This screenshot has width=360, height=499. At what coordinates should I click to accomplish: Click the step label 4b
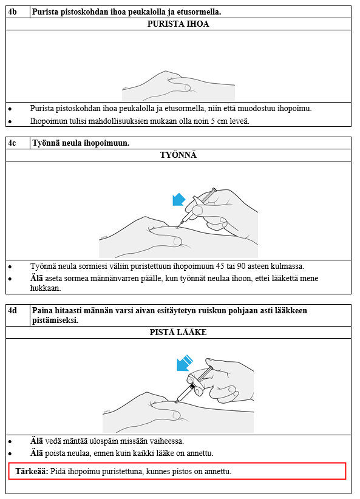(12, 12)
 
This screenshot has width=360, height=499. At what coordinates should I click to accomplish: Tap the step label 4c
(12, 143)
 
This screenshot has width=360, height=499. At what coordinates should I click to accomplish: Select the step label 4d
(12, 310)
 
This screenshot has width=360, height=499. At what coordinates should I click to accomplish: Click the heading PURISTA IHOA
(178, 24)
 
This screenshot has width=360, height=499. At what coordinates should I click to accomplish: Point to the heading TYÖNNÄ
(178, 155)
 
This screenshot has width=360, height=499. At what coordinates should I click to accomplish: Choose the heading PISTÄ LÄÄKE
(178, 332)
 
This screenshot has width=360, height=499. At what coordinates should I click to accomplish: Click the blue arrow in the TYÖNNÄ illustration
(178, 200)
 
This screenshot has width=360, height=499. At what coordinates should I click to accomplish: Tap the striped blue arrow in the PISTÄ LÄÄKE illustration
(185, 363)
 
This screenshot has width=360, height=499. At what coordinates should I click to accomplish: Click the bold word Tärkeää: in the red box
(32, 471)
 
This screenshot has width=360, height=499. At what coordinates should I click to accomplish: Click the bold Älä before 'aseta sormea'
(36, 278)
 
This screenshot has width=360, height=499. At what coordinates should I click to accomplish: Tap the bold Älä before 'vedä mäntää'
(36, 441)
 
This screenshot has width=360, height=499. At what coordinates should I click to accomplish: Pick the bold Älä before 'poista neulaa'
(36, 453)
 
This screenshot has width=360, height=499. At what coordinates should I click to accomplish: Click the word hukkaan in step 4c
(46, 288)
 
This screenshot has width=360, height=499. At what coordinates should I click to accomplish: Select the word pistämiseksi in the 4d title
(55, 320)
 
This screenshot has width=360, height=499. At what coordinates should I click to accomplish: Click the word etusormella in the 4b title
(202, 12)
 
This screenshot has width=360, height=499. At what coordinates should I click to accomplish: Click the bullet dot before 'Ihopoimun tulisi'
(10, 121)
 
